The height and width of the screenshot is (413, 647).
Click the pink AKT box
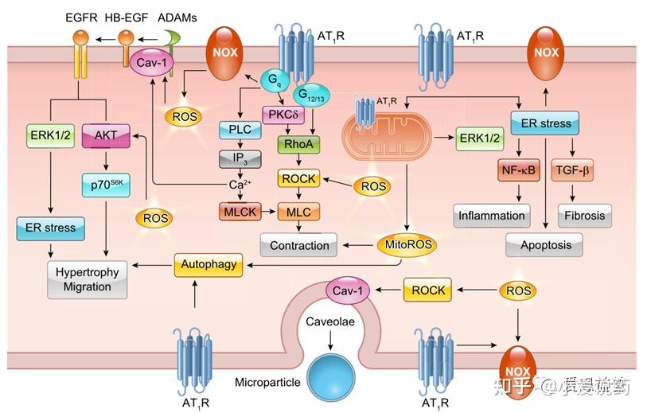[105, 135]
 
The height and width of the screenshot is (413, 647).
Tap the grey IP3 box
[240, 158]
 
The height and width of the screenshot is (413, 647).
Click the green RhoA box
[298, 145]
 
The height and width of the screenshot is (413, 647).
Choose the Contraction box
[299, 245]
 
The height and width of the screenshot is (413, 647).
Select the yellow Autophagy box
[209, 265]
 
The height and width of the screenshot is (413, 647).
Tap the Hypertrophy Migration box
[87, 279]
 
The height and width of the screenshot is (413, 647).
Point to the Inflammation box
[491, 215]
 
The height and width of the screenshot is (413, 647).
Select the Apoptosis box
[545, 245]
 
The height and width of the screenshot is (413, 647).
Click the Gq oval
[275, 79]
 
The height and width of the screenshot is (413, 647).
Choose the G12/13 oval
[313, 95]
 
